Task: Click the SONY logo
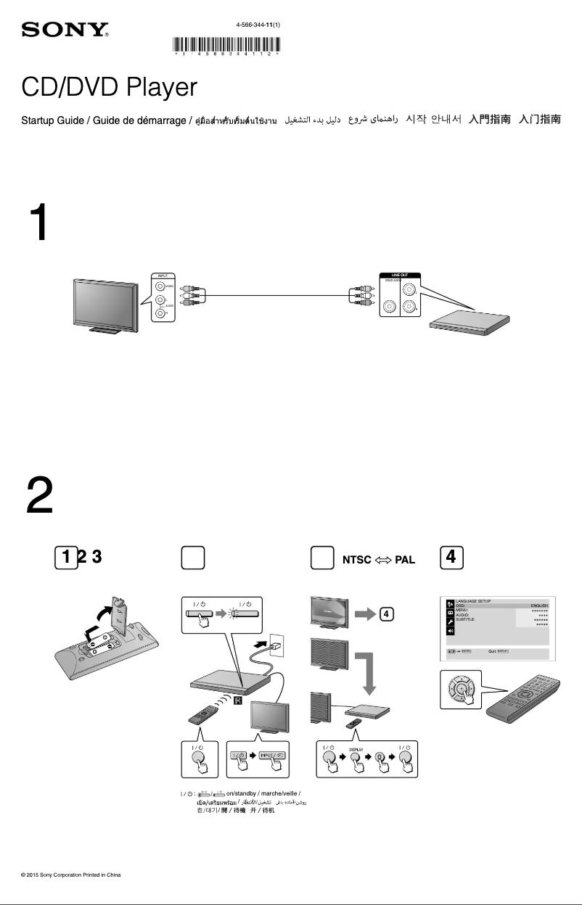(65, 30)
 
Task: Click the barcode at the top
(227, 46)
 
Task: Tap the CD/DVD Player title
(109, 88)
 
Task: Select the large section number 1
(39, 222)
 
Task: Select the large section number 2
(39, 495)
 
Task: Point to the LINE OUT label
(401, 276)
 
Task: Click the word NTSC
(356, 560)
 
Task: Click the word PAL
(404, 560)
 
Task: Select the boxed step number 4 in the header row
(451, 557)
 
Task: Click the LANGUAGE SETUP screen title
(472, 601)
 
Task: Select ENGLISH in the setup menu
(538, 606)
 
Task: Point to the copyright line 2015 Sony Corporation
(71, 875)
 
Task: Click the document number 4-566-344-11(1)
(258, 25)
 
